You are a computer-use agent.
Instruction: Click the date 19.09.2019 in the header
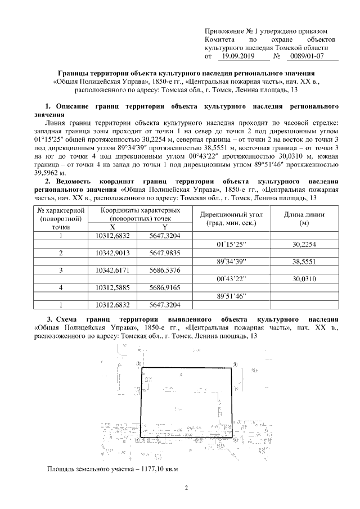click(238, 56)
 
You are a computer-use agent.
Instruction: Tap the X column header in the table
click(112, 226)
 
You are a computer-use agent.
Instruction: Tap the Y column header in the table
click(165, 226)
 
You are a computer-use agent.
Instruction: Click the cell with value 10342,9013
click(112, 253)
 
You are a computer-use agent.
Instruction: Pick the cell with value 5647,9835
click(165, 253)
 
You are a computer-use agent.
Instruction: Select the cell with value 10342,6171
click(112, 271)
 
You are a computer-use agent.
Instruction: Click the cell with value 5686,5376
click(165, 271)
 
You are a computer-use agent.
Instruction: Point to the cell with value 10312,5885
click(112, 287)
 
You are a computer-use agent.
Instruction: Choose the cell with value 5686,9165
click(165, 287)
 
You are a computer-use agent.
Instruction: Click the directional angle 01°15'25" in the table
click(231, 245)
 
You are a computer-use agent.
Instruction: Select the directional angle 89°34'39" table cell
click(231, 262)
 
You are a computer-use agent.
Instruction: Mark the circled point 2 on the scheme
click(138, 363)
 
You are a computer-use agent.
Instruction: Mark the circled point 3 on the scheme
click(235, 364)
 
